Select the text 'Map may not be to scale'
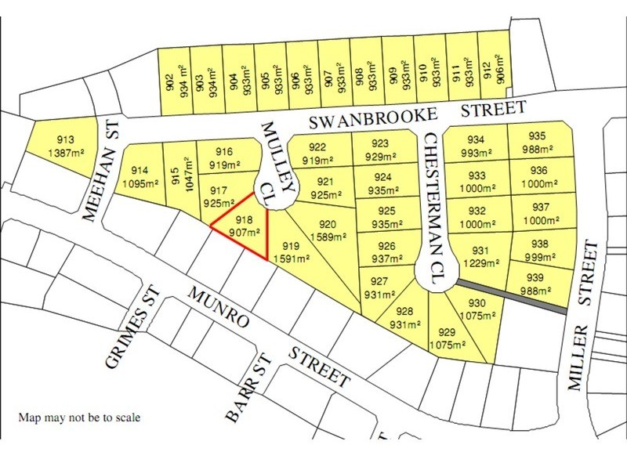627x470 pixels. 79,418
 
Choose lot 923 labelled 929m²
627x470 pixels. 380,149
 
